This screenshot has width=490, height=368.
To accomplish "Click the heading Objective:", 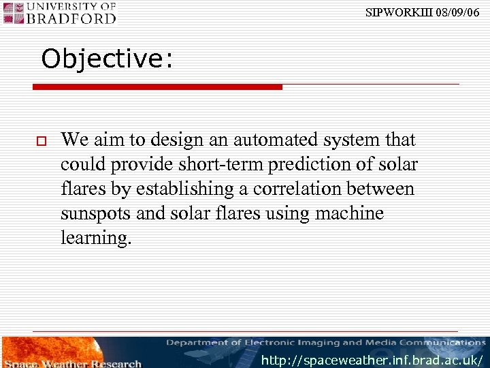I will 107,59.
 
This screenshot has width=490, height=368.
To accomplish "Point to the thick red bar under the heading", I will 157,87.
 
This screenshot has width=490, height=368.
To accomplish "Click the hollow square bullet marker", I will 41,141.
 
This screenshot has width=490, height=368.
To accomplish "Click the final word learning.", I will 96,238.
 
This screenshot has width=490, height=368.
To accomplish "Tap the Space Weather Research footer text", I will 73,363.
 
